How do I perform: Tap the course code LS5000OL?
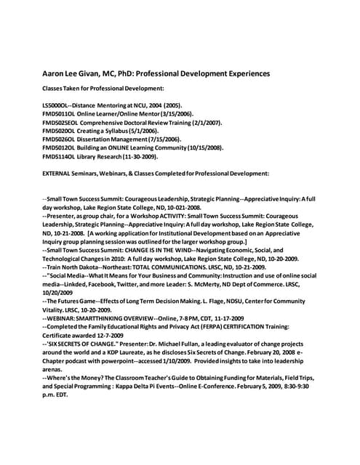[x=59, y=105]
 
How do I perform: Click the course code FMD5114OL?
[x=62, y=155]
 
